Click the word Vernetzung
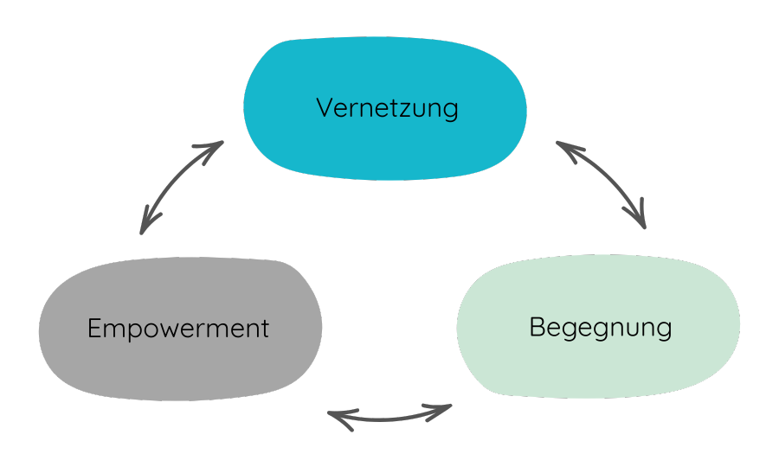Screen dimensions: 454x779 pyautogui.click(x=386, y=109)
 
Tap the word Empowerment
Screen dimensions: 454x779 pyautogui.click(x=178, y=329)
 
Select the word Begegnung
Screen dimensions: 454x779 pyautogui.click(x=600, y=329)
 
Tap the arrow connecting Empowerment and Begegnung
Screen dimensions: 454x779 pyautogui.click(x=389, y=418)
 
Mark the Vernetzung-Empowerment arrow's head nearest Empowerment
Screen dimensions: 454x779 pyautogui.click(x=144, y=227)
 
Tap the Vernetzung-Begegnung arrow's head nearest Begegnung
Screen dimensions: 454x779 pyautogui.click(x=641, y=222)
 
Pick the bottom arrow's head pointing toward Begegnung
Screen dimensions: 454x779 pyautogui.click(x=446, y=408)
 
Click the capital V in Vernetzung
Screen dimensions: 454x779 pyautogui.click(x=325, y=109)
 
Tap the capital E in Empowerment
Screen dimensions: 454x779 pyautogui.click(x=94, y=329)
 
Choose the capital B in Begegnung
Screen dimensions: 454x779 pyautogui.click(x=536, y=329)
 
